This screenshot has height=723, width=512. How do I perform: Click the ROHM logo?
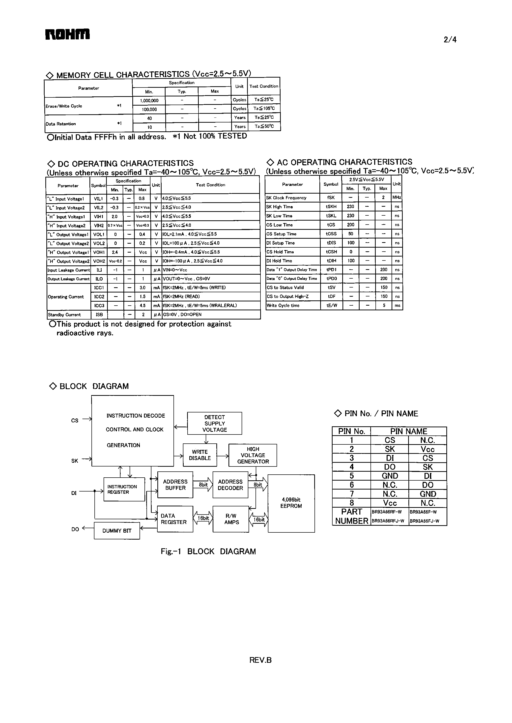pyautogui.click(x=67, y=34)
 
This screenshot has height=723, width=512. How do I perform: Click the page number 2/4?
pyautogui.click(x=450, y=40)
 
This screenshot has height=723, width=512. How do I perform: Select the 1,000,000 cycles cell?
pyautogui.click(x=149, y=101)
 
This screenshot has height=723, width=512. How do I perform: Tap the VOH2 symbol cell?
pyautogui.click(x=99, y=261)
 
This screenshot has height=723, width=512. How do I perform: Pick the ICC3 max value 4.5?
pyautogui.click(x=142, y=306)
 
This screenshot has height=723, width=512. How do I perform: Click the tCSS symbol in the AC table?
pyautogui.click(x=331, y=234)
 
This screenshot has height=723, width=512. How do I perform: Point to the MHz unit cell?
pyautogui.click(x=397, y=197)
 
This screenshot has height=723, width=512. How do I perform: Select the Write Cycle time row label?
pyautogui.click(x=283, y=306)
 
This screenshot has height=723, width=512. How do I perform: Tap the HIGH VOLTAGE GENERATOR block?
pyautogui.click(x=253, y=455)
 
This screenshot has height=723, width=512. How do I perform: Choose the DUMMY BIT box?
pyautogui.click(x=117, y=531)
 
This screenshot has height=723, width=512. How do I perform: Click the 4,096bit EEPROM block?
pyautogui.click(x=291, y=503)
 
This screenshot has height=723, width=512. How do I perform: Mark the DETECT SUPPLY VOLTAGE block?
pyautogui.click(x=214, y=423)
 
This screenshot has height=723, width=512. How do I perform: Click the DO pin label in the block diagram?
pyautogui.click(x=75, y=529)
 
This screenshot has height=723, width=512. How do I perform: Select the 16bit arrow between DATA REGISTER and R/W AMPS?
pyautogui.click(x=203, y=518)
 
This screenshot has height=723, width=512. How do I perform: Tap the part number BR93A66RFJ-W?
pyautogui.click(x=388, y=521)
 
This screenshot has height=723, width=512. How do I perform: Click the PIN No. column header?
pyautogui.click(x=351, y=431)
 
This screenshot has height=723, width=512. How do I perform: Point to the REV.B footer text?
pyautogui.click(x=260, y=660)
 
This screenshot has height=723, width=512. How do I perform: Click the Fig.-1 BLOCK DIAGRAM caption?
pyautogui.click(x=208, y=551)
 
